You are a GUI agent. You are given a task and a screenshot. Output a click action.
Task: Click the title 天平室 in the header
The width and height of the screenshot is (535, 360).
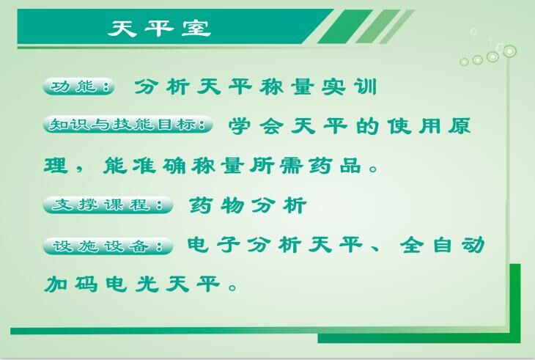click(159, 28)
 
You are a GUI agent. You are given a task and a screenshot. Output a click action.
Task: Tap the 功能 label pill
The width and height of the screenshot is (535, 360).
click(79, 87)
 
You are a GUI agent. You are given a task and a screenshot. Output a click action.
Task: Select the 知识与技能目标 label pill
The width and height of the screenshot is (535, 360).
click(128, 124)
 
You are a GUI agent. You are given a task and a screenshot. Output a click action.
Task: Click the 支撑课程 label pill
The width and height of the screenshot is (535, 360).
click(108, 205)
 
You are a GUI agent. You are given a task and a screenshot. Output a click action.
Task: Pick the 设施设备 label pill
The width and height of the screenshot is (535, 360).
click(108, 246)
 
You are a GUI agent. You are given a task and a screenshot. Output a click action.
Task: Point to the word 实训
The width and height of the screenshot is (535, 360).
click(350, 87)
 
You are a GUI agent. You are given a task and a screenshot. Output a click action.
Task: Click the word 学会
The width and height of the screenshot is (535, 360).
click(256, 126)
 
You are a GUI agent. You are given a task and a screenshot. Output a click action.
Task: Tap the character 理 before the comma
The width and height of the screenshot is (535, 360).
click(56, 166)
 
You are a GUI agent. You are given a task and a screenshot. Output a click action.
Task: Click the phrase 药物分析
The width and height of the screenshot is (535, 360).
click(248, 205)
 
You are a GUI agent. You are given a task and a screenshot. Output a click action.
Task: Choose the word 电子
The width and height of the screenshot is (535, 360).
click(213, 244)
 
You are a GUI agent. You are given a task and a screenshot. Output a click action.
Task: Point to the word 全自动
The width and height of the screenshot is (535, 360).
click(443, 245)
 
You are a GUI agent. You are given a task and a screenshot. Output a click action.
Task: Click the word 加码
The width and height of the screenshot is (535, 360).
click(71, 284)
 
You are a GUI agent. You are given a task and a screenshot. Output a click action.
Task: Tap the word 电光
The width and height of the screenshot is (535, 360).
click(132, 284)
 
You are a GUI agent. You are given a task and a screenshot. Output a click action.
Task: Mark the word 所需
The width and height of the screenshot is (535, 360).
click(276, 166)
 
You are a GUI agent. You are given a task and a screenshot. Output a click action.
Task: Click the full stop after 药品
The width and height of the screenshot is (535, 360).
click(374, 169)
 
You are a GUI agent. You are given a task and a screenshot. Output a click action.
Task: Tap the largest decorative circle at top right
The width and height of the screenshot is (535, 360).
click(510, 51)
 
